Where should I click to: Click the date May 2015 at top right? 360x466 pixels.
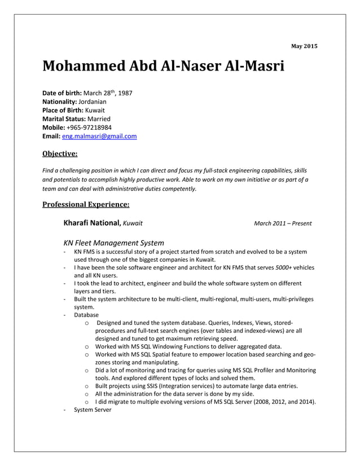304,45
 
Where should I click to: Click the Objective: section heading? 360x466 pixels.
60,152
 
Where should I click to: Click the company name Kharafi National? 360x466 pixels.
92,223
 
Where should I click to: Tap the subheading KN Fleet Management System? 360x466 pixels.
113,242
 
